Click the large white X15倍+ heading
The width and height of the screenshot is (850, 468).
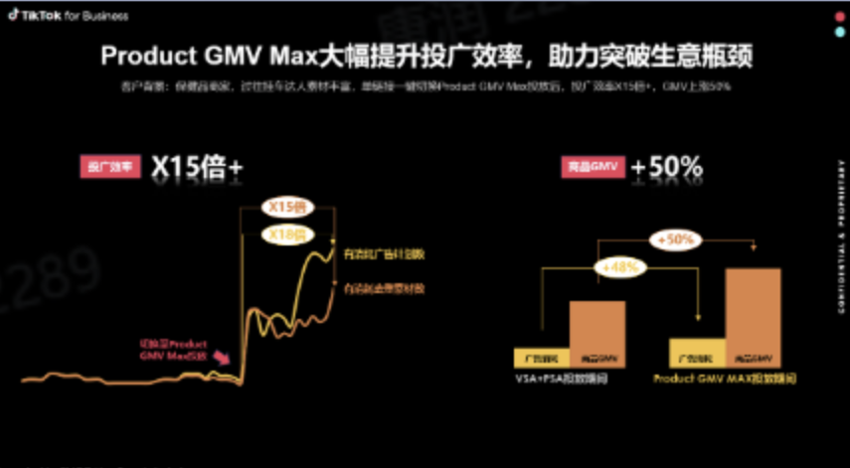pyautogui.click(x=196, y=168)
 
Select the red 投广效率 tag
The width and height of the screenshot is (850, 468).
pyautogui.click(x=110, y=168)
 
